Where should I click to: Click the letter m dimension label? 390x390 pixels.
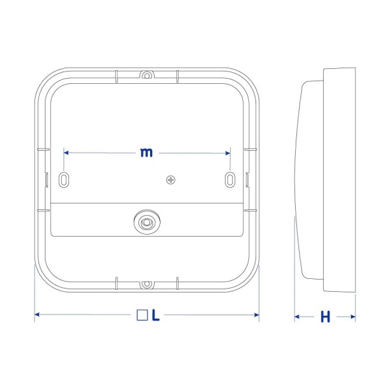pyautogui.click(x=146, y=152)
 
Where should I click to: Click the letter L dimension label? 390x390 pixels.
pyautogui.click(x=155, y=315)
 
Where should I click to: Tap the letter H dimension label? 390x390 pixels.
pyautogui.click(x=325, y=317)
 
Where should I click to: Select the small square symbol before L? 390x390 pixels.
pyautogui.click(x=142, y=315)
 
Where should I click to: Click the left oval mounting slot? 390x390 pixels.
pyautogui.click(x=64, y=179)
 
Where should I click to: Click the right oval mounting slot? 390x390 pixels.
pyautogui.click(x=230, y=179)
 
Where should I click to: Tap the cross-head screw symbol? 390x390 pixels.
pyautogui.click(x=170, y=179)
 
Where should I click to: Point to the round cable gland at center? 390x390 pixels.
pyautogui.click(x=147, y=222)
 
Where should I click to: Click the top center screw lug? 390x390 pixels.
pyautogui.click(x=147, y=75)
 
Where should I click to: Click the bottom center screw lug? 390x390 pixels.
pyautogui.click(x=147, y=284)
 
